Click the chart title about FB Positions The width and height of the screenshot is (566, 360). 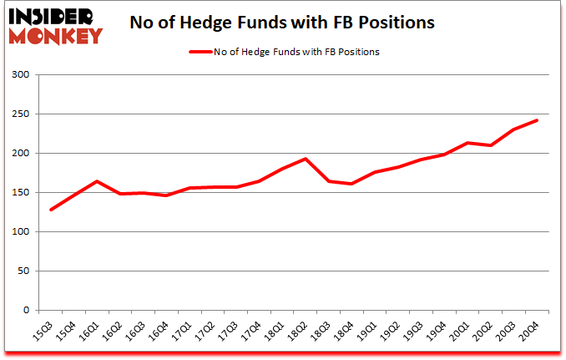282,23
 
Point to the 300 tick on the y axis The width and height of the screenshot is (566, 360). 20,75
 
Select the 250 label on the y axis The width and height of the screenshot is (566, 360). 20,114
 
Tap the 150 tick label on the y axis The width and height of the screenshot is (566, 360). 20,193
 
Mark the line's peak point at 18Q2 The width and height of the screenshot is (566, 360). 306,159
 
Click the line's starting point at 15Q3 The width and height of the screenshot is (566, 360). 51,210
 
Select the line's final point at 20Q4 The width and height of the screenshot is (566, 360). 537,120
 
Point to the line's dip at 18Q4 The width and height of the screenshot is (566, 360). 352,184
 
